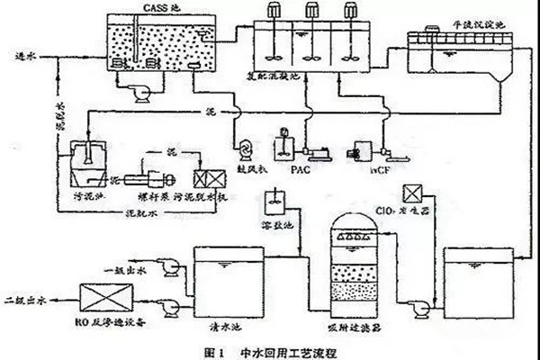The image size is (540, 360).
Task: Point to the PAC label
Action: click(300, 167)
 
